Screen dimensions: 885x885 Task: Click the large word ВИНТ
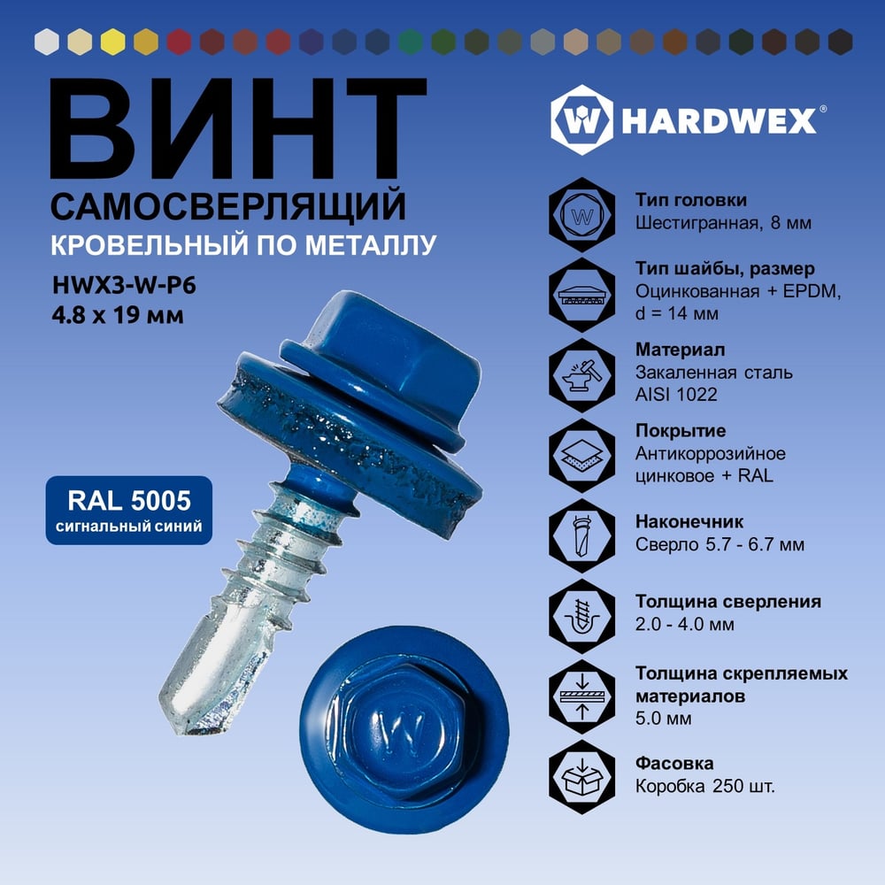point(237,128)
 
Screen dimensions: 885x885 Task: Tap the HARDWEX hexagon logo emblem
point(581,119)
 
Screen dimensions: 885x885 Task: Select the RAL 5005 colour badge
point(129,511)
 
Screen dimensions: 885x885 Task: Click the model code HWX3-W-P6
point(124,285)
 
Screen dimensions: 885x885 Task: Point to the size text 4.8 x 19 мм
point(118,315)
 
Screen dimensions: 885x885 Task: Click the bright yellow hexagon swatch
point(113,42)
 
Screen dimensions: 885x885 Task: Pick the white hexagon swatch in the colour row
point(47,42)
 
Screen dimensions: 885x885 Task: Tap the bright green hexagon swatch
point(411,42)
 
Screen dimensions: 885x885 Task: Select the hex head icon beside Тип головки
point(582,215)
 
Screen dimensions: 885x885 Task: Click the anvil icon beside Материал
point(582,374)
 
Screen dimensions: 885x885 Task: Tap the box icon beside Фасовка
point(582,777)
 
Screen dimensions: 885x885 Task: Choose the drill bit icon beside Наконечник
point(582,535)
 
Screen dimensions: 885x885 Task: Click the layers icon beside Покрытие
point(582,455)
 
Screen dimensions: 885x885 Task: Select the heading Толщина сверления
point(728,602)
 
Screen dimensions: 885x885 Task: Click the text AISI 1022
point(676,394)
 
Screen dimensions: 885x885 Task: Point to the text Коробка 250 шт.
point(705,786)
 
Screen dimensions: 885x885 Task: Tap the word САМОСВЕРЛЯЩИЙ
point(228,206)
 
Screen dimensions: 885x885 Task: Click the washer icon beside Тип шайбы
point(582,296)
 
